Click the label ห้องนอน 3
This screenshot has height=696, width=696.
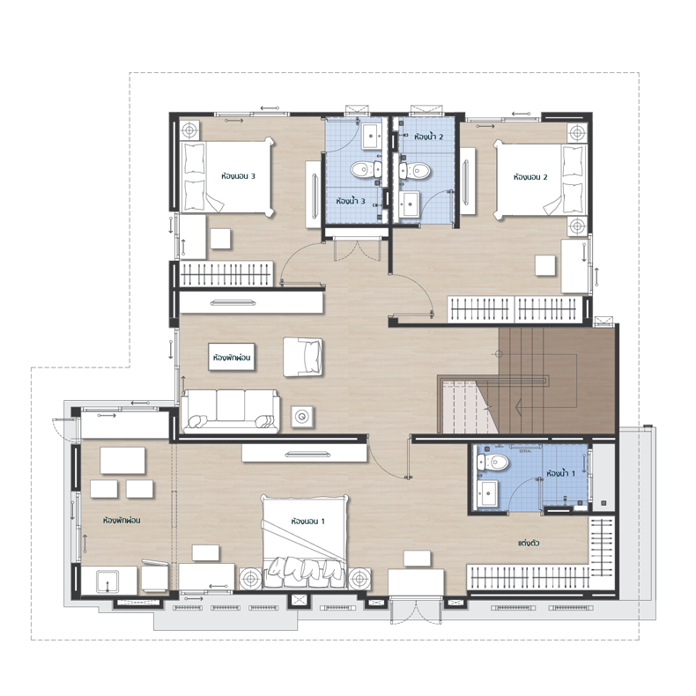[238, 176]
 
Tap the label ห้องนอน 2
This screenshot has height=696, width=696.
[530, 177]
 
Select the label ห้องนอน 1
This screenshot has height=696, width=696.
[307, 521]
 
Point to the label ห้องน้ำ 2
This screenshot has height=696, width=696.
[428, 137]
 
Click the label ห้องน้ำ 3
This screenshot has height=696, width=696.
[351, 201]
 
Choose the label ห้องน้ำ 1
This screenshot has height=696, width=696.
[560, 473]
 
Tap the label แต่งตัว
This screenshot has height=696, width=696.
[529, 543]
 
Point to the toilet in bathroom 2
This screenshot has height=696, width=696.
[415, 170]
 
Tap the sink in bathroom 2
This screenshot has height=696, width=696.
[409, 204]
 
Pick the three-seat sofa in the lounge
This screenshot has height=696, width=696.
[230, 411]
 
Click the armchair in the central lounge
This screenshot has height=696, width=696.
[303, 358]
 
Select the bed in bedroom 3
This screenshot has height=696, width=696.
[226, 177]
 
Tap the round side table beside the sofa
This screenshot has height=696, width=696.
[303, 417]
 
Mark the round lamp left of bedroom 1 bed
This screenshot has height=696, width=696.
[251, 579]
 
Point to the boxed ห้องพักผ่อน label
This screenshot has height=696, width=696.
[232, 358]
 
